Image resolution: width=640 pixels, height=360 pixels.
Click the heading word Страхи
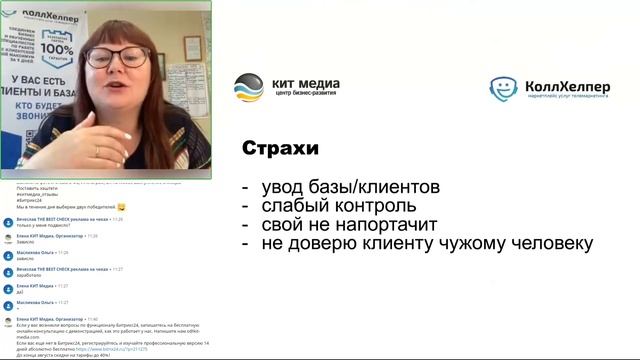point(280,149)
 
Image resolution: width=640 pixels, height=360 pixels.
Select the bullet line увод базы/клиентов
point(350,188)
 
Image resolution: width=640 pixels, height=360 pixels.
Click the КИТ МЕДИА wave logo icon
point(249,88)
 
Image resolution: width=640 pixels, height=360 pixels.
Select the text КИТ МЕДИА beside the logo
point(306,83)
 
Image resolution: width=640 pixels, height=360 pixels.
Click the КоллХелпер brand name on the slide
point(566,85)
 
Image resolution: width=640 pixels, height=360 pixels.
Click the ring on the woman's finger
point(96,149)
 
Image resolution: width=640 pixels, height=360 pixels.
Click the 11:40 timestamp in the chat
point(91,319)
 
